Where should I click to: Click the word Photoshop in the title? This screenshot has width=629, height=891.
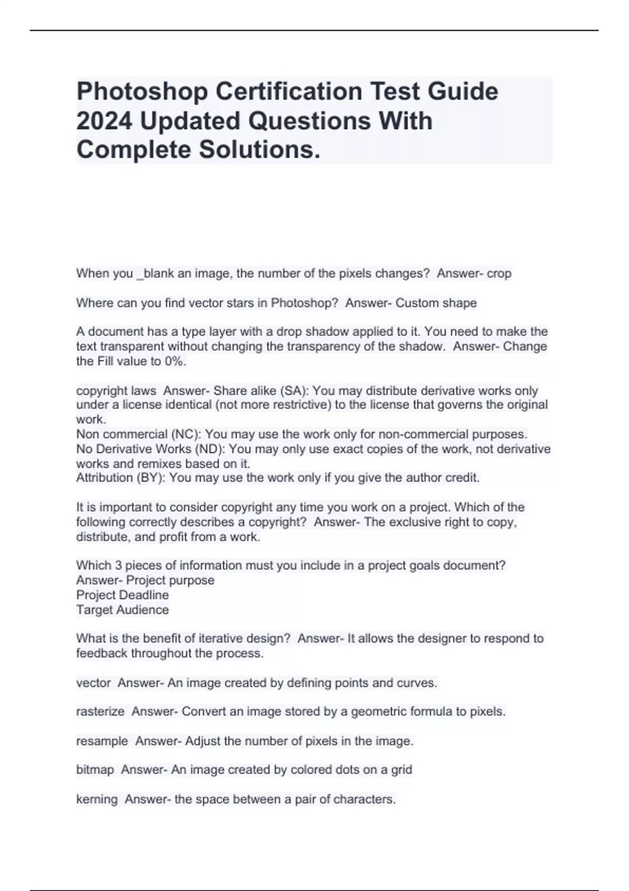click(x=142, y=92)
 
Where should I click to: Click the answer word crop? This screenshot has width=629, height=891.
click(x=499, y=274)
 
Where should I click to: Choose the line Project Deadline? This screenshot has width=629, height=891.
click(x=123, y=595)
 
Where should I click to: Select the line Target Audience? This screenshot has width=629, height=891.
click(x=123, y=610)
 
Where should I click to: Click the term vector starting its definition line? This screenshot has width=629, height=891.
click(x=93, y=683)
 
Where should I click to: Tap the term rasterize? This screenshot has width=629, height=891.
click(x=100, y=712)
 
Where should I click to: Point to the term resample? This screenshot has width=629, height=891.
click(x=102, y=741)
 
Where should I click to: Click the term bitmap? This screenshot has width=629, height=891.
click(x=95, y=770)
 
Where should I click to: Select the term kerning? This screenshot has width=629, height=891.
click(x=97, y=799)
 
